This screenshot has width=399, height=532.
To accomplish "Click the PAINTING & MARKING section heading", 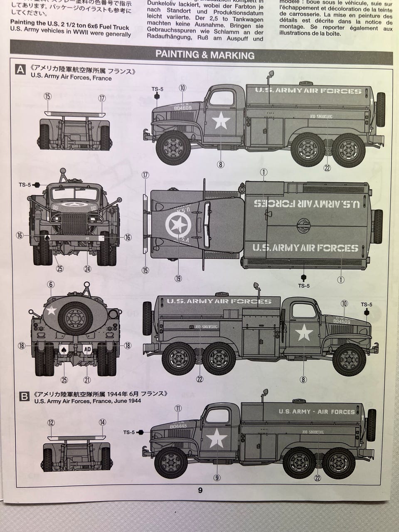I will coord(204,55).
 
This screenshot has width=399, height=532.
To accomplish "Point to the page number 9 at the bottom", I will coord(200,490).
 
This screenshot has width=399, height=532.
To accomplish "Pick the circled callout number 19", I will coord(178,278).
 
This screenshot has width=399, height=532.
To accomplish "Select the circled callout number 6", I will coord(51,284).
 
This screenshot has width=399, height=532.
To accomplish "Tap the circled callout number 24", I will coord(87,269).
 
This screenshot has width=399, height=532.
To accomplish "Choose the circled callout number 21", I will coord(87,379).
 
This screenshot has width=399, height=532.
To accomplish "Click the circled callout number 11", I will coord(178,409).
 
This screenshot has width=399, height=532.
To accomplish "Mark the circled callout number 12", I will coord(51,423).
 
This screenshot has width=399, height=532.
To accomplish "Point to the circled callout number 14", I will coord(102,423).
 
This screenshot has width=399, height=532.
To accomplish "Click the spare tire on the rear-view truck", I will coord(75,318).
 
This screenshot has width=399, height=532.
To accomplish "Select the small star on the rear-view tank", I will coord(52,310).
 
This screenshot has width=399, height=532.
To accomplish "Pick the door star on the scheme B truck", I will coord(217,438).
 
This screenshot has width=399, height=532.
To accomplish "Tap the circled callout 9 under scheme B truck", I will coord(217,478).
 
